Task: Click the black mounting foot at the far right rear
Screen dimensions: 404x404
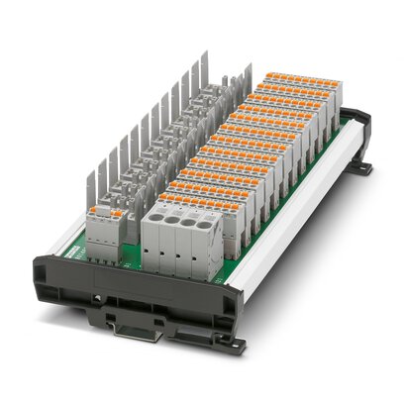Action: click(x=360, y=168)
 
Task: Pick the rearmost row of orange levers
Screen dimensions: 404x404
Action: click(x=297, y=78)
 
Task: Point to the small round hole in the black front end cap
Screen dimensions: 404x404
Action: click(x=98, y=296)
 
